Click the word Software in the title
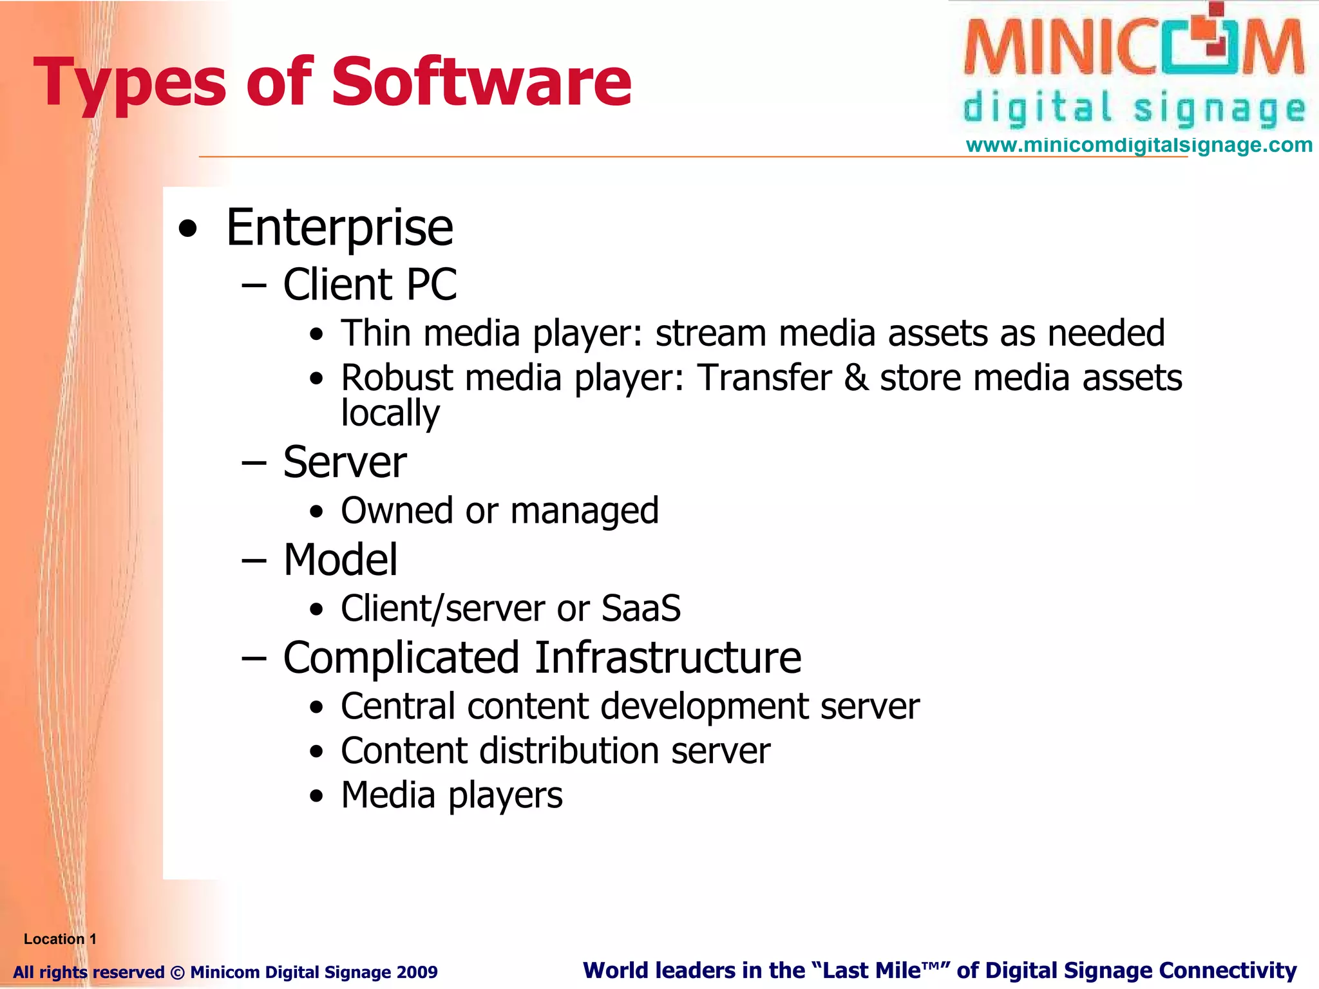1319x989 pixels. tap(481, 82)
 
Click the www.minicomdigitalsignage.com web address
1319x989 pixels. tap(1139, 145)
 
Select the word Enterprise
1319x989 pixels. tap(339, 228)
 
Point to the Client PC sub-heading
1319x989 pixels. tap(370, 285)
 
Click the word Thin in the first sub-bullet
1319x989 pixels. tap(376, 334)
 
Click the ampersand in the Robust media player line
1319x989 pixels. tap(856, 378)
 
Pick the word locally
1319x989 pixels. tap(390, 413)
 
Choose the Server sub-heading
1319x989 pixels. tap(345, 462)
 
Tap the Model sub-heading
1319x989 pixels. tap(340, 560)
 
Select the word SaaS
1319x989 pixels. tap(641, 608)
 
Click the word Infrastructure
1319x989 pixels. tap(668, 658)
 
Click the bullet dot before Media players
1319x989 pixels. tap(316, 796)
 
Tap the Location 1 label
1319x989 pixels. tap(60, 939)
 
